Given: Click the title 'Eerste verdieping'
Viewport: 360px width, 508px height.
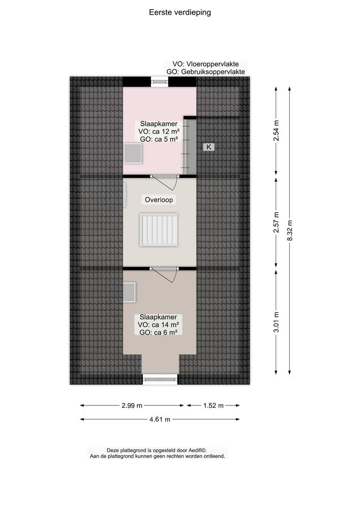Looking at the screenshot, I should click(180, 12).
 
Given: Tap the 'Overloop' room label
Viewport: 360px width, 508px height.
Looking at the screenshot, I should click(159, 200).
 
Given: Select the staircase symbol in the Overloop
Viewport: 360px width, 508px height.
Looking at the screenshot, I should click(159, 230).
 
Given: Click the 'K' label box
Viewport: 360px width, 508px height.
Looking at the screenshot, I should click(208, 147).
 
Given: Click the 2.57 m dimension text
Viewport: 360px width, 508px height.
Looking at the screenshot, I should click(276, 223).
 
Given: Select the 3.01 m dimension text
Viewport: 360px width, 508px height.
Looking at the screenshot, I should click(276, 322).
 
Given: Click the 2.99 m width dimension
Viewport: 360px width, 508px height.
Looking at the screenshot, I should click(132, 405).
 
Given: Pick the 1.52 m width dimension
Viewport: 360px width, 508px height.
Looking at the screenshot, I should click(213, 405).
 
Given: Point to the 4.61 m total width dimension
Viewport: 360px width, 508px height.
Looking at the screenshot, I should click(159, 419).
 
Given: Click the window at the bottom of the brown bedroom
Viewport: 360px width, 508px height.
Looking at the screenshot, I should click(160, 378).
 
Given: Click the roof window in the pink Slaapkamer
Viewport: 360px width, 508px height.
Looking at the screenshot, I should click(134, 153).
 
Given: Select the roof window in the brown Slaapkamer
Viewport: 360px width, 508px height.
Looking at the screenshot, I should click(129, 293).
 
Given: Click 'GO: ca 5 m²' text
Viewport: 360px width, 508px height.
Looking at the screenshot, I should click(158, 139).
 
